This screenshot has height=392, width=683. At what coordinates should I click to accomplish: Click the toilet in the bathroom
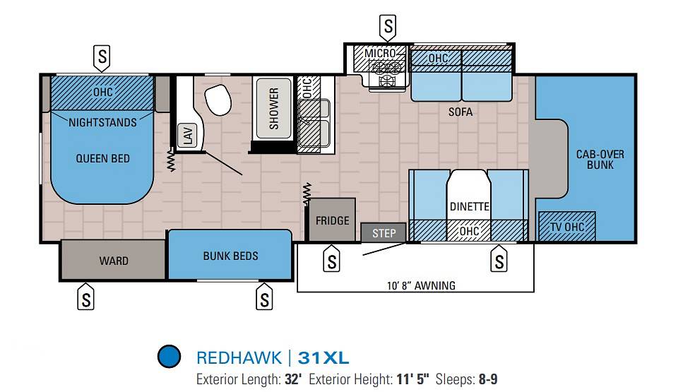[x=218, y=99]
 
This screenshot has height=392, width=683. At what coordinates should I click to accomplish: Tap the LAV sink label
[x=188, y=135]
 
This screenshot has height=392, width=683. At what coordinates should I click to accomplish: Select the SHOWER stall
[x=273, y=109]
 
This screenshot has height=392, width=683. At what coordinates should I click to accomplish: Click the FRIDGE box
[x=332, y=220]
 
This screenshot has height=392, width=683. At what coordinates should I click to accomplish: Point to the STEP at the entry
[x=384, y=233]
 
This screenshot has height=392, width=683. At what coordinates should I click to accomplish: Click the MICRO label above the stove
[x=380, y=53]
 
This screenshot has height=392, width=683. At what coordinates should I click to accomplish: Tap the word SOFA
[x=461, y=112]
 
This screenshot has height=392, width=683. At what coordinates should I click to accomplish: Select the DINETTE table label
[x=469, y=206]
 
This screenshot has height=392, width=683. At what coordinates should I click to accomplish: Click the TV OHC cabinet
[x=566, y=227]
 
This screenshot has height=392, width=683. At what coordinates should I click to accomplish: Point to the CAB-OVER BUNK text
[x=600, y=160]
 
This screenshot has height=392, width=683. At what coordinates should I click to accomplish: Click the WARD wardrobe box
[x=113, y=260]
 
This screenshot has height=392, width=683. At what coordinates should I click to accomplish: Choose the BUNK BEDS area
[x=230, y=255]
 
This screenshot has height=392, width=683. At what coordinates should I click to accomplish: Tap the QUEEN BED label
[x=103, y=158]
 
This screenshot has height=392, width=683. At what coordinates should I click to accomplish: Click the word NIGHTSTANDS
[x=103, y=122]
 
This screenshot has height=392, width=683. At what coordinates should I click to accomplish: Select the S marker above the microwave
[x=388, y=26]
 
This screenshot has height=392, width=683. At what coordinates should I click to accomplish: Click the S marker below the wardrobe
[x=85, y=297]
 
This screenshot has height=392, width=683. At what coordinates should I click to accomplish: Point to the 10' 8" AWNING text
[x=421, y=286]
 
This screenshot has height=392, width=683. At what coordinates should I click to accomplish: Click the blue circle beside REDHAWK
[x=169, y=356]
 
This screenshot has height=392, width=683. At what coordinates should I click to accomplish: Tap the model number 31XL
[x=323, y=358]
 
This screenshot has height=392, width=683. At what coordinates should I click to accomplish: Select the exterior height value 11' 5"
[x=412, y=379]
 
